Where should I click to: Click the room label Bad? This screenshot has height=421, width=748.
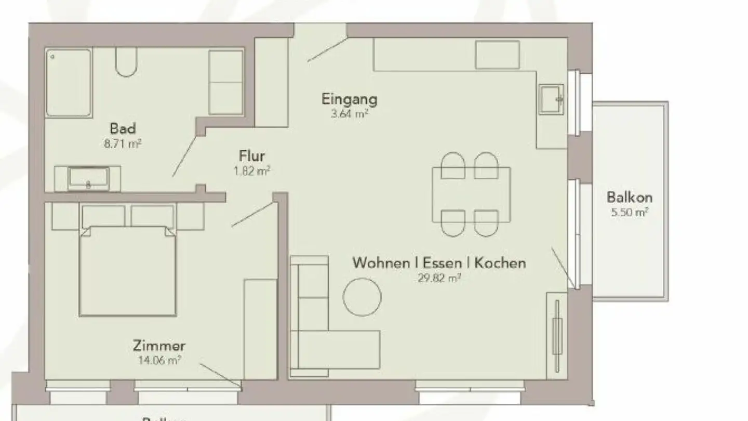(123, 128)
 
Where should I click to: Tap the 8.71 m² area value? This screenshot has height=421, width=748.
(123, 144)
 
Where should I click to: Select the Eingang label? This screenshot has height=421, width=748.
(349, 99)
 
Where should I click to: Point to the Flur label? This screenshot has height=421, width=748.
(252, 155)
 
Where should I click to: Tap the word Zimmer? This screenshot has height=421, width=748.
(159, 346)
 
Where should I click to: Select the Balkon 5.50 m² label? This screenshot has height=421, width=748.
(630, 203)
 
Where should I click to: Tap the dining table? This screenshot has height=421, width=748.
(471, 194)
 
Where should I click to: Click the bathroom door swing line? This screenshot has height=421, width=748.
(185, 156)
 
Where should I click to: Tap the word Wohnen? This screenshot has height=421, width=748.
(381, 263)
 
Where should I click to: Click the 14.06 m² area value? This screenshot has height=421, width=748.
(159, 360)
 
